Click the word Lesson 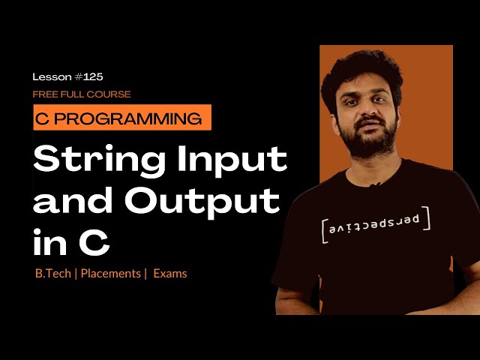pyautogui.click(x=52, y=76)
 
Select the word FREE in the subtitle pyautogui.click(x=44, y=94)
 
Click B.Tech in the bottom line pyautogui.click(x=52, y=274)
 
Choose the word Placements pyautogui.click(x=110, y=274)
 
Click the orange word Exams pyautogui.click(x=170, y=274)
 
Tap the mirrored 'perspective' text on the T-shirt pyautogui.click(x=376, y=225)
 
